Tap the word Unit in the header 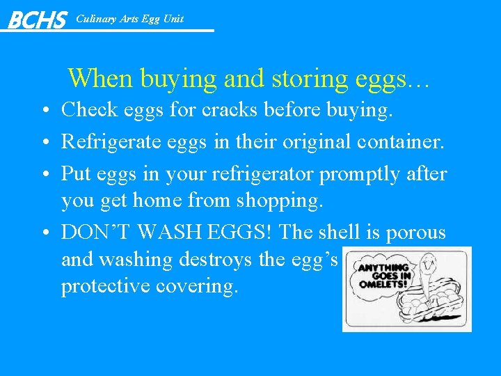point(173,19)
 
